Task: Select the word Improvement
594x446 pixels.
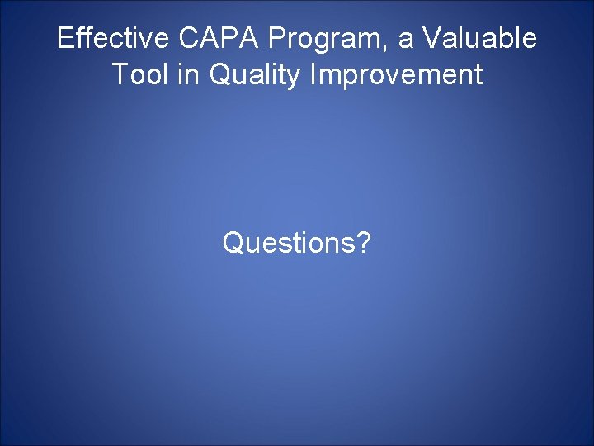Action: pyautogui.click(x=396, y=76)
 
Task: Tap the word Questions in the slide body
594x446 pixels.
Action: pyautogui.click(x=289, y=243)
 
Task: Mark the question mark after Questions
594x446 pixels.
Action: pyautogui.click(x=363, y=243)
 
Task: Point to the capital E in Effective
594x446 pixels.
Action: pyautogui.click(x=64, y=38)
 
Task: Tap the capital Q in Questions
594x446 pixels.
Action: pyautogui.click(x=233, y=243)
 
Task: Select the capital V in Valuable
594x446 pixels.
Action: pyautogui.click(x=433, y=38)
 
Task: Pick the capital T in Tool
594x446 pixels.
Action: pyautogui.click(x=119, y=75)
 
